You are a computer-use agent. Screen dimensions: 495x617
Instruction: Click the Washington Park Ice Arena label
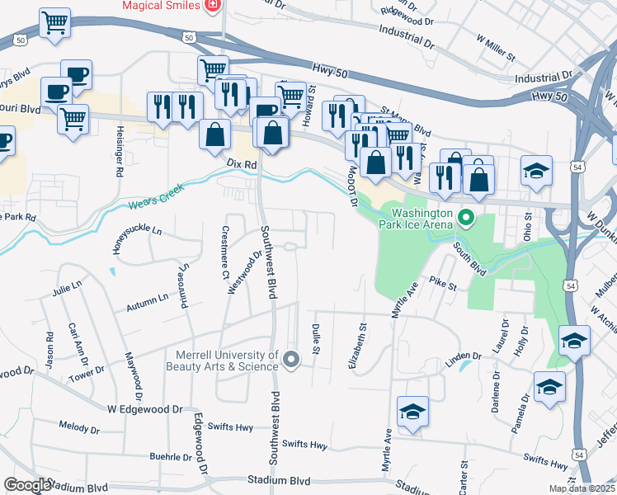[x=416, y=217]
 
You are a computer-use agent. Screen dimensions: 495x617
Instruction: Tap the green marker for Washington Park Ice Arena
[x=466, y=219]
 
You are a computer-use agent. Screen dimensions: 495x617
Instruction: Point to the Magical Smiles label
[x=161, y=5]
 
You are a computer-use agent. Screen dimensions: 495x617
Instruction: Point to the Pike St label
[x=442, y=285]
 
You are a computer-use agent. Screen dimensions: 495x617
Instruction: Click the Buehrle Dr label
[x=171, y=456]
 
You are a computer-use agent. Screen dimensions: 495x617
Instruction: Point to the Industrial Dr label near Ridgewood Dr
[x=407, y=34]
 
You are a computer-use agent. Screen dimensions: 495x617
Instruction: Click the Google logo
[x=27, y=485]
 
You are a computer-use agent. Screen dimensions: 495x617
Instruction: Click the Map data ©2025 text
[x=582, y=488]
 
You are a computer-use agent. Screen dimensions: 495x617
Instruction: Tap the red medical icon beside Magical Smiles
[x=213, y=5]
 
